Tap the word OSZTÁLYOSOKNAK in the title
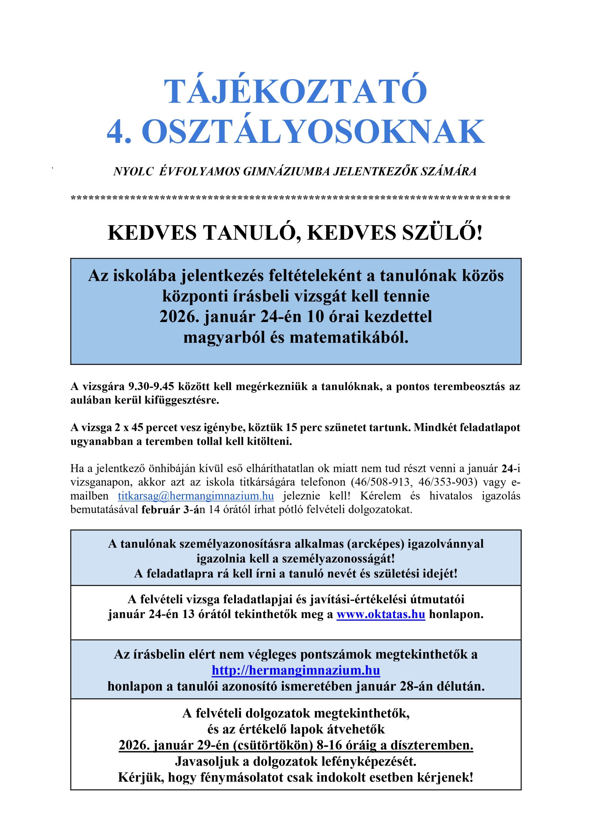coord(313,132)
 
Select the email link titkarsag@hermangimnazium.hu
coord(196,496)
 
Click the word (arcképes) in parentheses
coord(375,544)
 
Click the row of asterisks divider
coord(291,199)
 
